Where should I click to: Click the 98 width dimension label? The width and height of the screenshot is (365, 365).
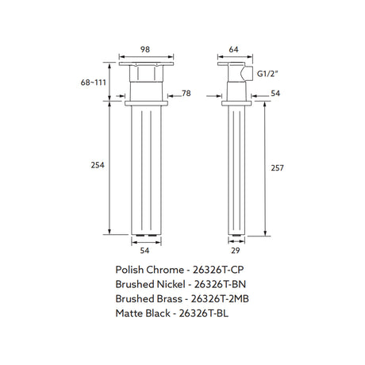(145, 49)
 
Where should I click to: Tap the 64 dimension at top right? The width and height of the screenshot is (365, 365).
(233, 49)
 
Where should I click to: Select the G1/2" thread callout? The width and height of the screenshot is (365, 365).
(267, 74)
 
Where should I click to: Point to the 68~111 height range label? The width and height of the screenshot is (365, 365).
(94, 83)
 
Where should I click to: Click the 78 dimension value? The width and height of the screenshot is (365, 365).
(186, 94)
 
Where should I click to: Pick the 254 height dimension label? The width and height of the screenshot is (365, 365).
(98, 165)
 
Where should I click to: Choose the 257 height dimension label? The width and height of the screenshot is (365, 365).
(277, 168)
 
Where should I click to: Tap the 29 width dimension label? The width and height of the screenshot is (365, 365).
(236, 251)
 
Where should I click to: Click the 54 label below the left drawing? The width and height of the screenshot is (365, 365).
(144, 251)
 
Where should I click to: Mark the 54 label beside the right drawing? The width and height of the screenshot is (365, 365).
(275, 94)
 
